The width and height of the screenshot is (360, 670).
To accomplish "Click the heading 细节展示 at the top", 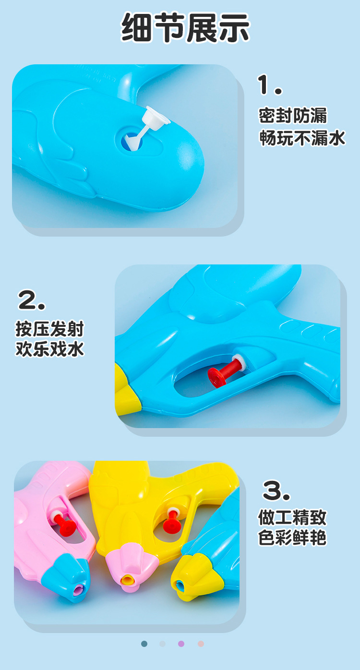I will click(185, 27).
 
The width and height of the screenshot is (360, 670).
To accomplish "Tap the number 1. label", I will click(270, 85).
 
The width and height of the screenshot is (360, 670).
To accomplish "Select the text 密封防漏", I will click(293, 116).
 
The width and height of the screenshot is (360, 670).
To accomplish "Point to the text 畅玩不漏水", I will click(302, 138).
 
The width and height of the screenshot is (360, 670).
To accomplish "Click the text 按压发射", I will click(50, 329).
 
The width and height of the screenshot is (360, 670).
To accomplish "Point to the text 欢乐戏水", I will click(50, 349).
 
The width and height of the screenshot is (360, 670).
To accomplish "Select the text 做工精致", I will click(292, 517).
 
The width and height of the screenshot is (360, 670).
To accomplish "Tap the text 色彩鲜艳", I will click(292, 538).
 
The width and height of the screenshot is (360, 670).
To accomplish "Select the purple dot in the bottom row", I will click(181, 644).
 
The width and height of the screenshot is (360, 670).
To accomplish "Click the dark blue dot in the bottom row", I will click(144, 644).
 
